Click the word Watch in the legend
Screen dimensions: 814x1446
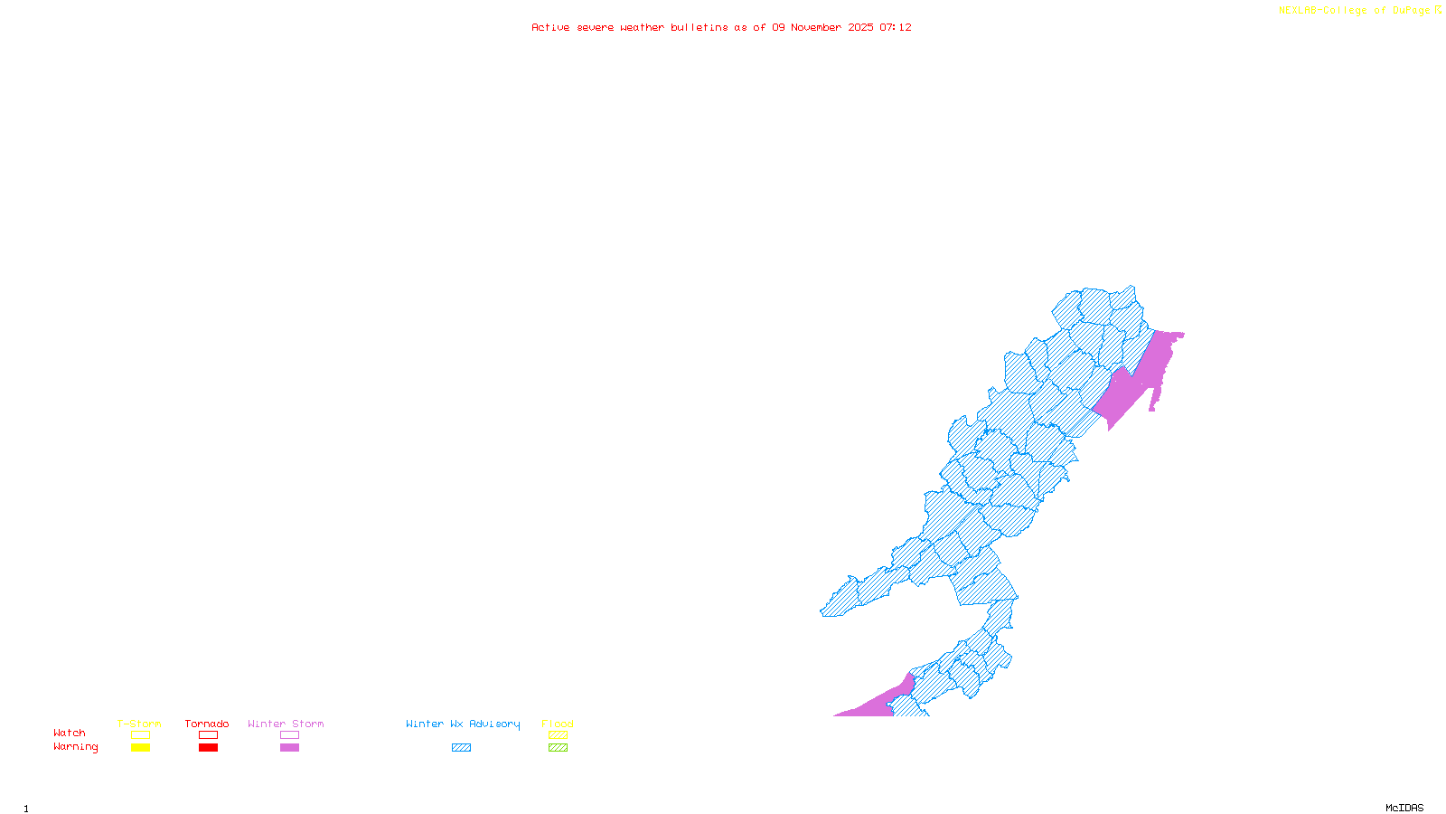pos(70,734)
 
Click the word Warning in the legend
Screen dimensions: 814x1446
pos(76,747)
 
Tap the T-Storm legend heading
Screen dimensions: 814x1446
pos(139,724)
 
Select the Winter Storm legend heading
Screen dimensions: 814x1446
pos(286,724)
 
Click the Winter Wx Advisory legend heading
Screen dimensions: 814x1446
pos(463,724)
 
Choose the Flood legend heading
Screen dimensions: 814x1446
pos(558,724)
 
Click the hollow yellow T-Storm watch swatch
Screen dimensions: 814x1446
pos(140,735)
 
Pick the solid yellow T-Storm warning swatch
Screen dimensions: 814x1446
pos(140,748)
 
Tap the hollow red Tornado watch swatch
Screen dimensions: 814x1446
pos(208,735)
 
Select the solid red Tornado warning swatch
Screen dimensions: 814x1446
pos(208,748)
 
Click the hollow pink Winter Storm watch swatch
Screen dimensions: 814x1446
pos(289,735)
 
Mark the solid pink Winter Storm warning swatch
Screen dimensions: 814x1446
pos(289,748)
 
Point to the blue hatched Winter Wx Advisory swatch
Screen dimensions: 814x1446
pos(461,748)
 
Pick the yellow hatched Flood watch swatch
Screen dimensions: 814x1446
pos(558,735)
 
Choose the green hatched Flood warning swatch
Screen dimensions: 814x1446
pos(558,748)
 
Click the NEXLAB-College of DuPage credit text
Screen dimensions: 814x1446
pos(1354,11)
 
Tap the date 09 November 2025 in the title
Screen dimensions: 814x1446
pos(822,27)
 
